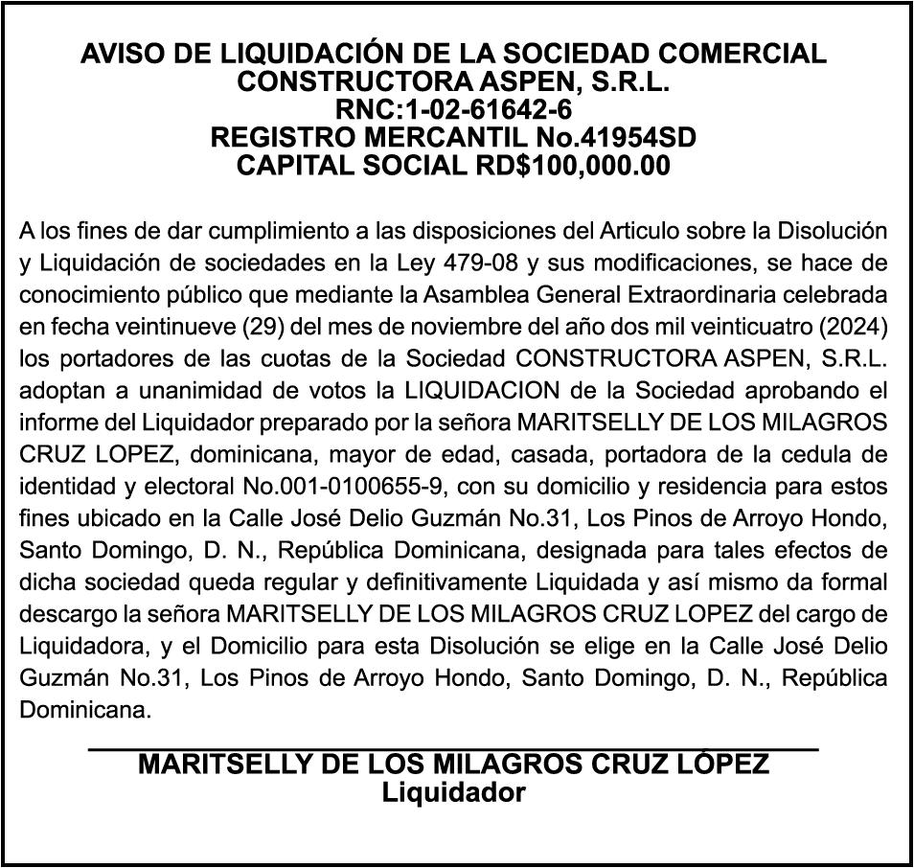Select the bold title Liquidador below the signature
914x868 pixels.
453,794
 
